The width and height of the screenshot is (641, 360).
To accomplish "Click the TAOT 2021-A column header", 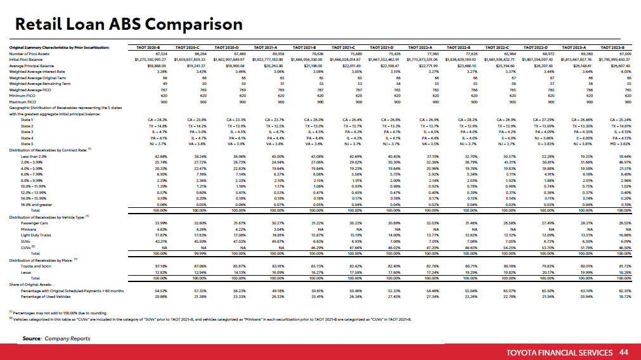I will (x=268, y=48).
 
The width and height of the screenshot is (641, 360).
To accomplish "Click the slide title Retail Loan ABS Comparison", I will (x=129, y=24).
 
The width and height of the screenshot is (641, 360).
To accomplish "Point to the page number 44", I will (x=624, y=351).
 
